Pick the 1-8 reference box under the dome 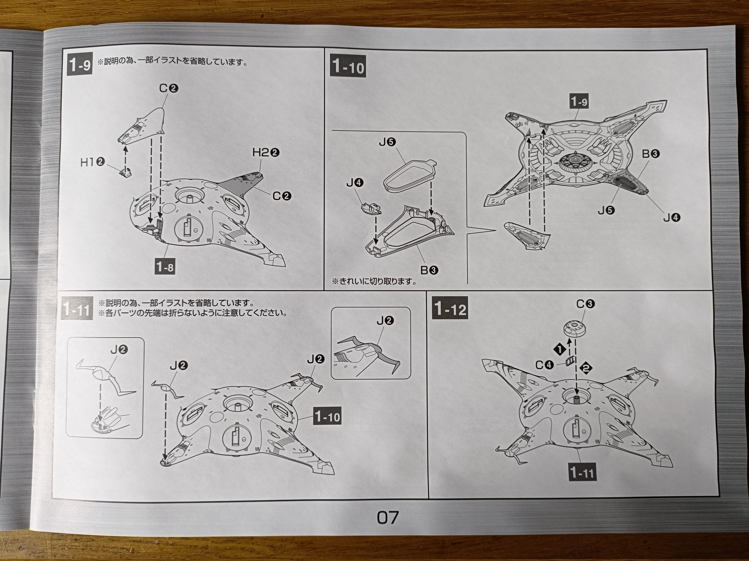click(x=165, y=267)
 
